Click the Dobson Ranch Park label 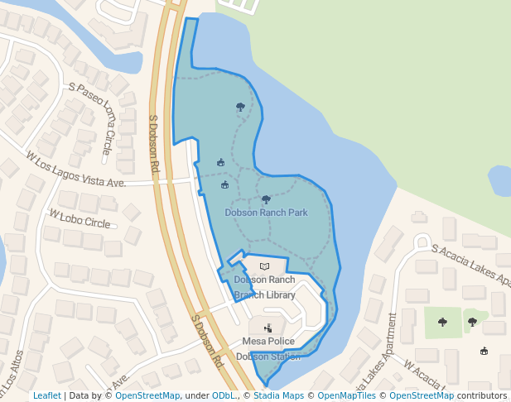pos(266,213)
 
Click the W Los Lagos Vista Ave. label pos(75,169)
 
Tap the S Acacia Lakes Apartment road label pos(469,264)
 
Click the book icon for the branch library pos(264,266)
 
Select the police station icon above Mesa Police pos(268,328)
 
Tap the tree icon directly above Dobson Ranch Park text pos(266,199)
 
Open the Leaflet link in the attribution pos(47,396)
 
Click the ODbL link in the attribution pos(224,396)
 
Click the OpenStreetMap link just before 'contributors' pos(422,396)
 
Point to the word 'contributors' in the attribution pos(482,396)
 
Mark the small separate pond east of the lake pos(500,179)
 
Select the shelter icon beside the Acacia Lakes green pos(484,351)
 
